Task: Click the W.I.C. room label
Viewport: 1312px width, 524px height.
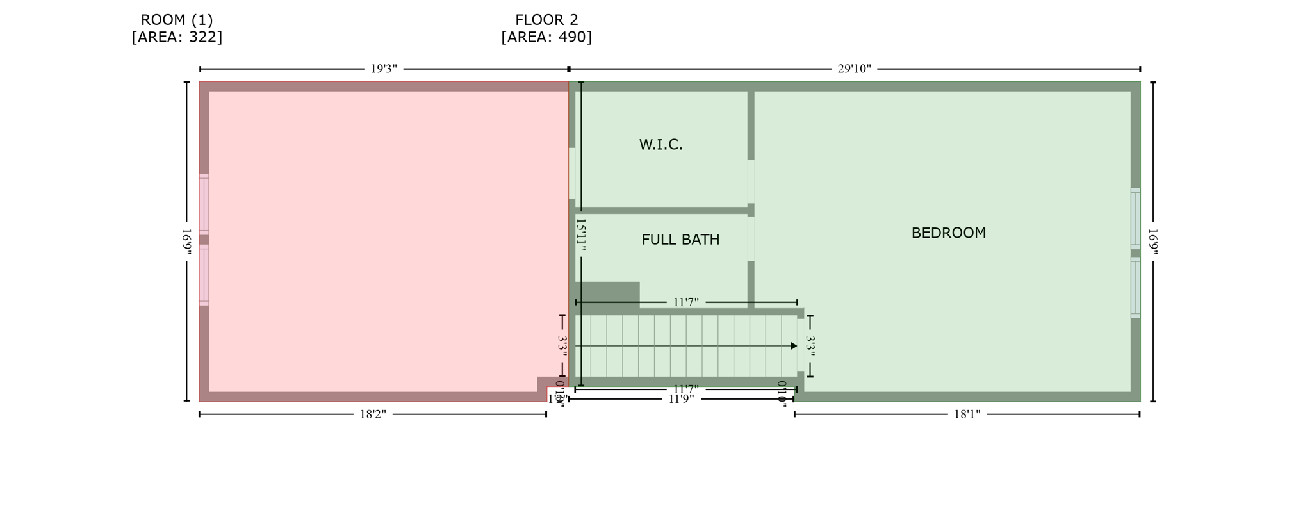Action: pos(660,145)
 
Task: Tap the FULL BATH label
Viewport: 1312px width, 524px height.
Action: pos(680,240)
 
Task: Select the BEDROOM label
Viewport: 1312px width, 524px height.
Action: pos(948,233)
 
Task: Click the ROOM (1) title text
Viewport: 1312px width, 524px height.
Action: pos(177,20)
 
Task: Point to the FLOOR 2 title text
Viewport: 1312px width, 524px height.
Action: pos(546,20)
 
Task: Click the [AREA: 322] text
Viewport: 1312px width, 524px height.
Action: pos(177,37)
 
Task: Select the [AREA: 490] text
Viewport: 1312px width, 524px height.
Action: pos(546,37)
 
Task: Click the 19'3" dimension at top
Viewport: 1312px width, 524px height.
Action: pos(384,69)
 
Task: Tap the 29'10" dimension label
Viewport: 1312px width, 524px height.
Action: pos(854,69)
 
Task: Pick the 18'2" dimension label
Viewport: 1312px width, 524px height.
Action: pos(373,414)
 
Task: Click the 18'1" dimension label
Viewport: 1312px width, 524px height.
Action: pos(967,414)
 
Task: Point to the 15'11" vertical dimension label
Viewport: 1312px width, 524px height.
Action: pos(581,234)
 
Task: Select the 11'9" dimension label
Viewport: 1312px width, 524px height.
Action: pos(681,399)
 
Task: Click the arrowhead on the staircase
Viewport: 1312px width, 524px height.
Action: pos(794,346)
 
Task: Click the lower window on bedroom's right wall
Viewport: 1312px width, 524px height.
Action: pos(1135,288)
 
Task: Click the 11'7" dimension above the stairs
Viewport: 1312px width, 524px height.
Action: pos(685,302)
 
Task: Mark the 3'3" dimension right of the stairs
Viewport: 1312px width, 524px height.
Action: pos(810,346)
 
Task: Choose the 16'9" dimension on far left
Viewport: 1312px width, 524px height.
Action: pos(186,242)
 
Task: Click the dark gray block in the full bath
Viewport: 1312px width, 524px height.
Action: pos(607,295)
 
